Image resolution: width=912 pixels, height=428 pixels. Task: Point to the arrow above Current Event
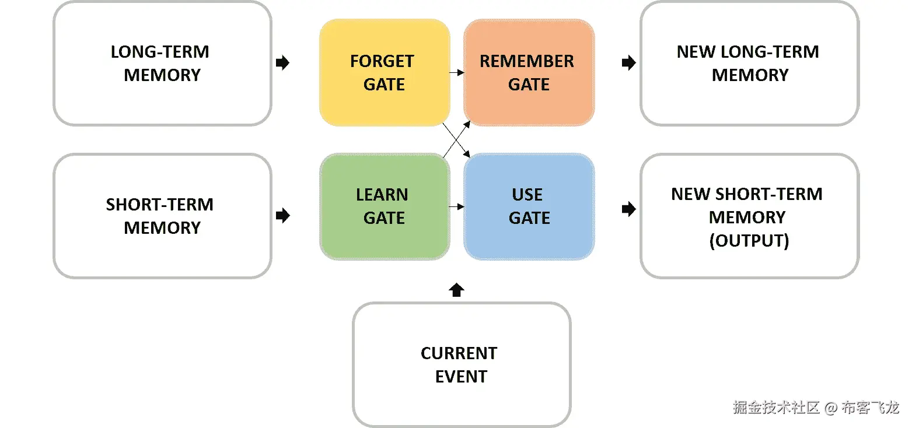[457, 290]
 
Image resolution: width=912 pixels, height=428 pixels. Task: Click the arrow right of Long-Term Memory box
[282, 63]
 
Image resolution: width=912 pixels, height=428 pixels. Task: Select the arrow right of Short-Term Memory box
[282, 216]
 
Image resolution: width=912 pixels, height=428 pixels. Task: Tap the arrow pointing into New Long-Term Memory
[628, 63]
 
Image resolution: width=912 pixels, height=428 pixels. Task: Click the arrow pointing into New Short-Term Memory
[628, 209]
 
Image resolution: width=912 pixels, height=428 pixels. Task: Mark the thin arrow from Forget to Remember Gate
[457, 73]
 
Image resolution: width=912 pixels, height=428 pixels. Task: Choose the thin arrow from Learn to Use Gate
[457, 206]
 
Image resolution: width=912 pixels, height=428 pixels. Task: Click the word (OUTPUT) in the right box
[749, 240]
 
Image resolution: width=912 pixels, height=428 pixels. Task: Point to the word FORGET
[382, 61]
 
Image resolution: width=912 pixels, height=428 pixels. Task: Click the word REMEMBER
[527, 61]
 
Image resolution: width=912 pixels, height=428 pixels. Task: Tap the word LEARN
[382, 195]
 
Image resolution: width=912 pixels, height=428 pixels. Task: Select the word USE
[527, 195]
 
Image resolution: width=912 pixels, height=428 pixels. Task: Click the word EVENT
[461, 377]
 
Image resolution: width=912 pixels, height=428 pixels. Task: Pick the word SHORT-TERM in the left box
[160, 205]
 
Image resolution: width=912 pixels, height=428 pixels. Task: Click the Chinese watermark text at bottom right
[816, 407]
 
